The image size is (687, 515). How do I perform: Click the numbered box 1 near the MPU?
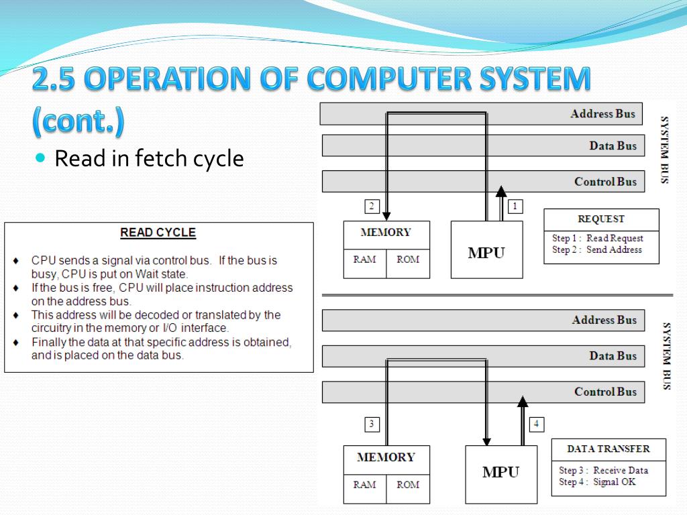pos(515,207)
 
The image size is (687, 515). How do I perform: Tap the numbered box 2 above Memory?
pos(372,207)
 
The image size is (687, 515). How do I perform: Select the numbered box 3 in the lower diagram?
pos(372,424)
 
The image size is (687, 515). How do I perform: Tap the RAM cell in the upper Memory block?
pos(364,260)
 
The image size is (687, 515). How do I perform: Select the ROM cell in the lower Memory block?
pos(408,485)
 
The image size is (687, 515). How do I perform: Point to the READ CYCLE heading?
pos(158,233)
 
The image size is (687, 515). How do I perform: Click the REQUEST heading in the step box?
pos(600,219)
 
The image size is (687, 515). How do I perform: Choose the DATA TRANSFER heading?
pos(608,449)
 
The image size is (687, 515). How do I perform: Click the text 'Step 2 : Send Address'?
pos(596,249)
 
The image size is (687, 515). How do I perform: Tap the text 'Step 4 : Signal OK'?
pos(596,481)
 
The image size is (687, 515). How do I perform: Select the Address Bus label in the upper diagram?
pos(602,113)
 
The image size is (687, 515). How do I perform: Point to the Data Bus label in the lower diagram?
pos(613,355)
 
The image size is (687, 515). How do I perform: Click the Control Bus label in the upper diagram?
pos(605,181)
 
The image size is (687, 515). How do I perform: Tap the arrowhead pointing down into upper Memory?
pos(386,215)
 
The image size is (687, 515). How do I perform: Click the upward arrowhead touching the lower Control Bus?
pos(523,402)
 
